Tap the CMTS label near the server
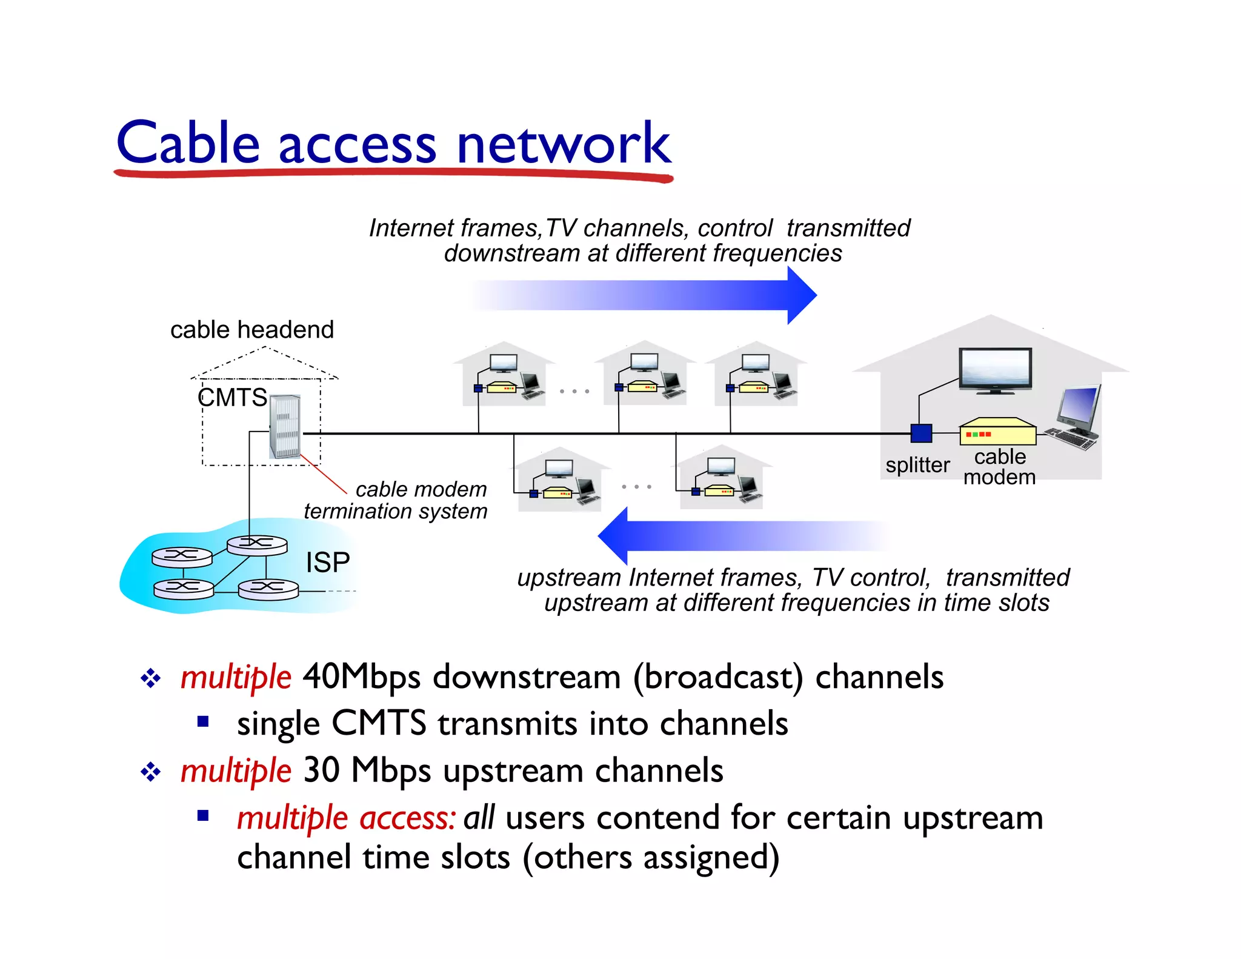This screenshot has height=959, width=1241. click(x=232, y=398)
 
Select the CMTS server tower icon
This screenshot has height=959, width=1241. click(x=285, y=426)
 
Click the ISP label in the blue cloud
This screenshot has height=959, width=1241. click(x=328, y=563)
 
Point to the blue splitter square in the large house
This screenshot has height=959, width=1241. click(x=921, y=433)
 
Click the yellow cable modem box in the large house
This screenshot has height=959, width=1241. click(x=997, y=432)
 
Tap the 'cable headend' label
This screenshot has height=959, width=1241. click(x=251, y=330)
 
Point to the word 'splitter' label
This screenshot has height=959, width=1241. click(x=917, y=465)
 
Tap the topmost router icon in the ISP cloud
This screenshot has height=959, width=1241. click(x=257, y=544)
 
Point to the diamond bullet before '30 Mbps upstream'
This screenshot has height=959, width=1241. click(x=150, y=772)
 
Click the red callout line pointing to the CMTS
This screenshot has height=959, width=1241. click(x=324, y=475)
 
